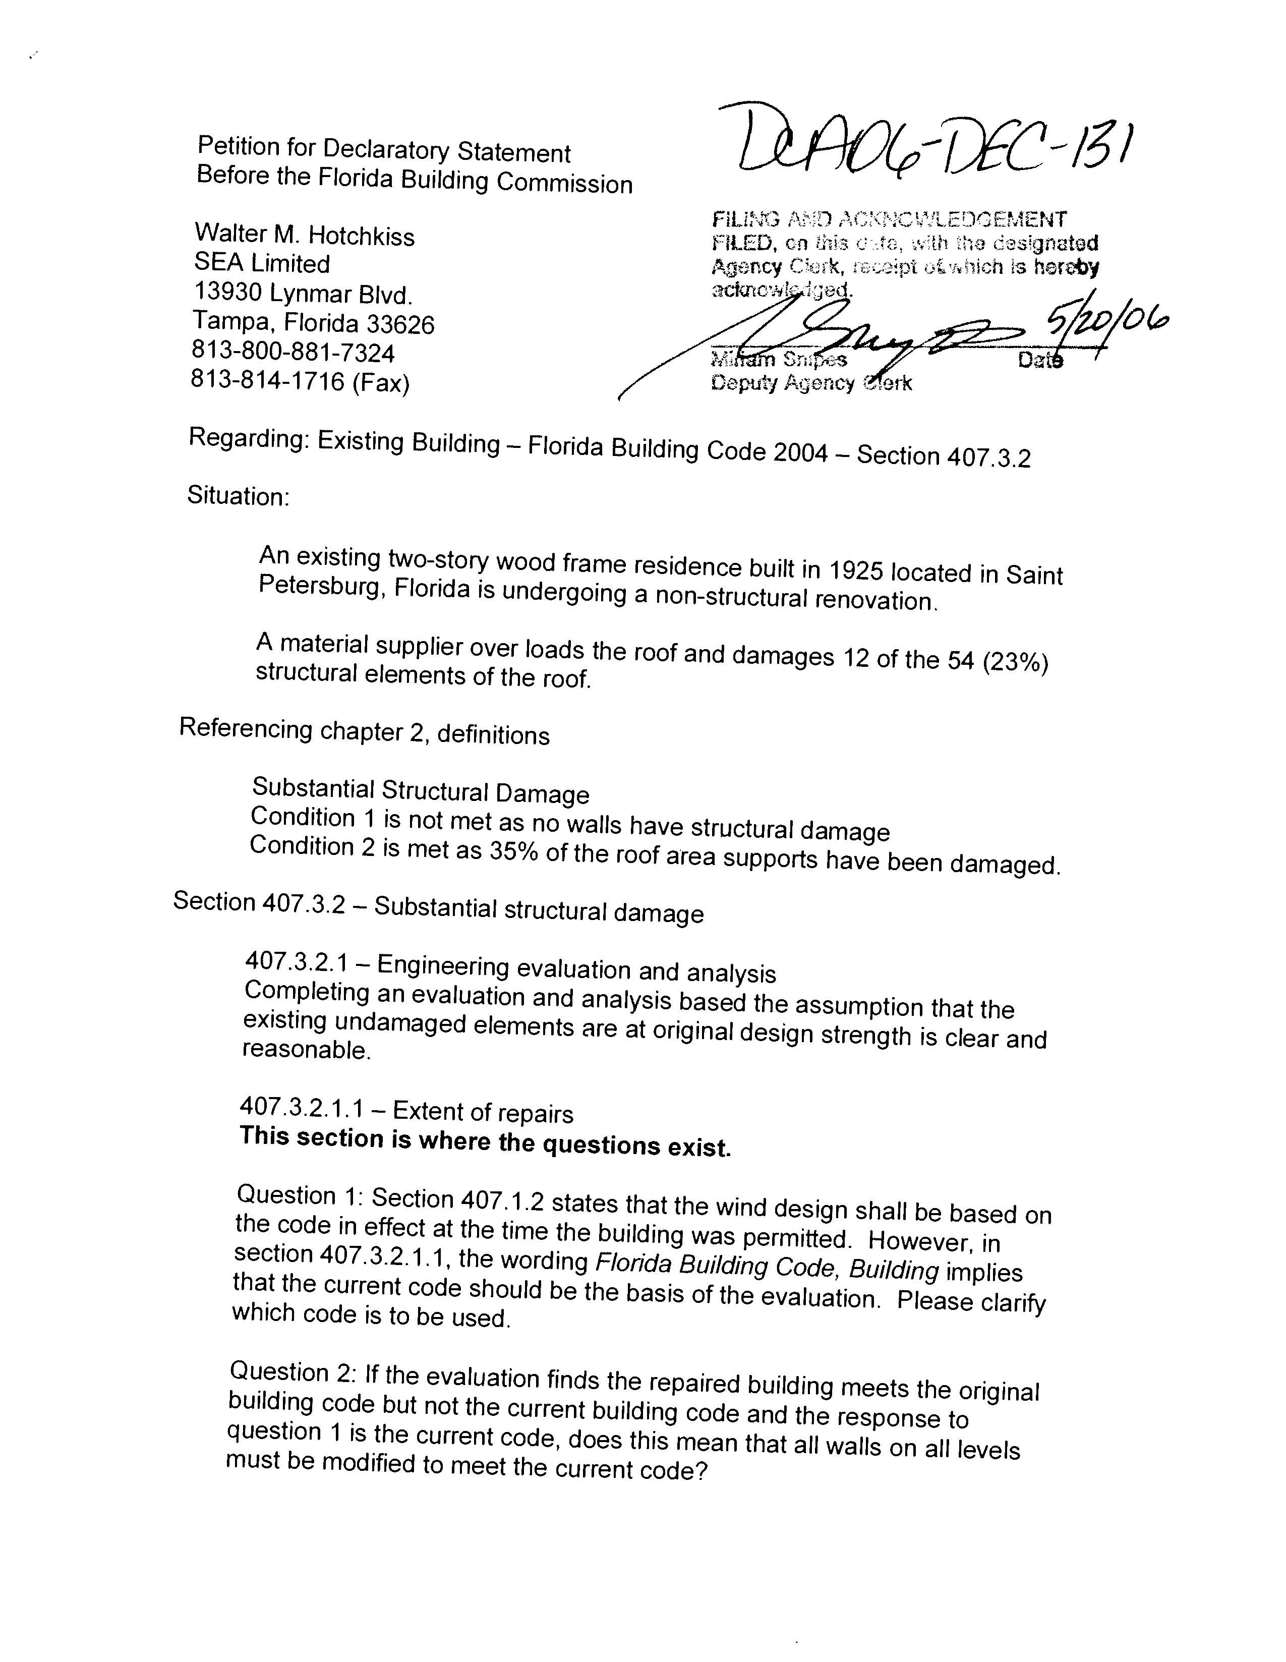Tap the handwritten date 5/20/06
1106,320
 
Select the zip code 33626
400,325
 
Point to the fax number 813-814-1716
268,380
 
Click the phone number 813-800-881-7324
293,353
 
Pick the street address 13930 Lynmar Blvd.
304,293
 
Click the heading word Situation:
238,496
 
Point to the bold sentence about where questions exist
485,1142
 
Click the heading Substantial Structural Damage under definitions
420,791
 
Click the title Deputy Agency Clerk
811,383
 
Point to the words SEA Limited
262,263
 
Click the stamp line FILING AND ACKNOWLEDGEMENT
889,220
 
